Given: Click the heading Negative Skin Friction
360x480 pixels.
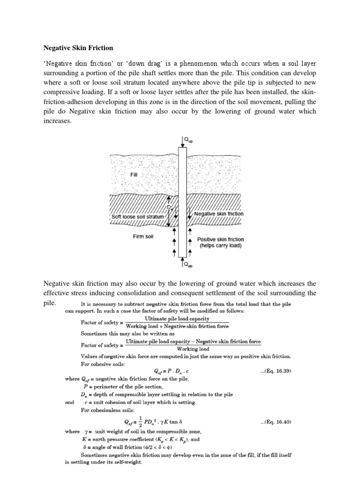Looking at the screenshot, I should pyautogui.click(x=78, y=48).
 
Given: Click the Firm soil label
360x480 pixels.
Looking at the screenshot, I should pyautogui.click(x=143, y=236).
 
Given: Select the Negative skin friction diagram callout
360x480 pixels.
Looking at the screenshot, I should pyautogui.click(x=219, y=213).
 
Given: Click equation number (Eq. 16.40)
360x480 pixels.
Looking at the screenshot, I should pyautogui.click(x=276, y=422).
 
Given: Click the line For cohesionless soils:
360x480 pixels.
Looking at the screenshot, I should pyautogui.click(x=108, y=410).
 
